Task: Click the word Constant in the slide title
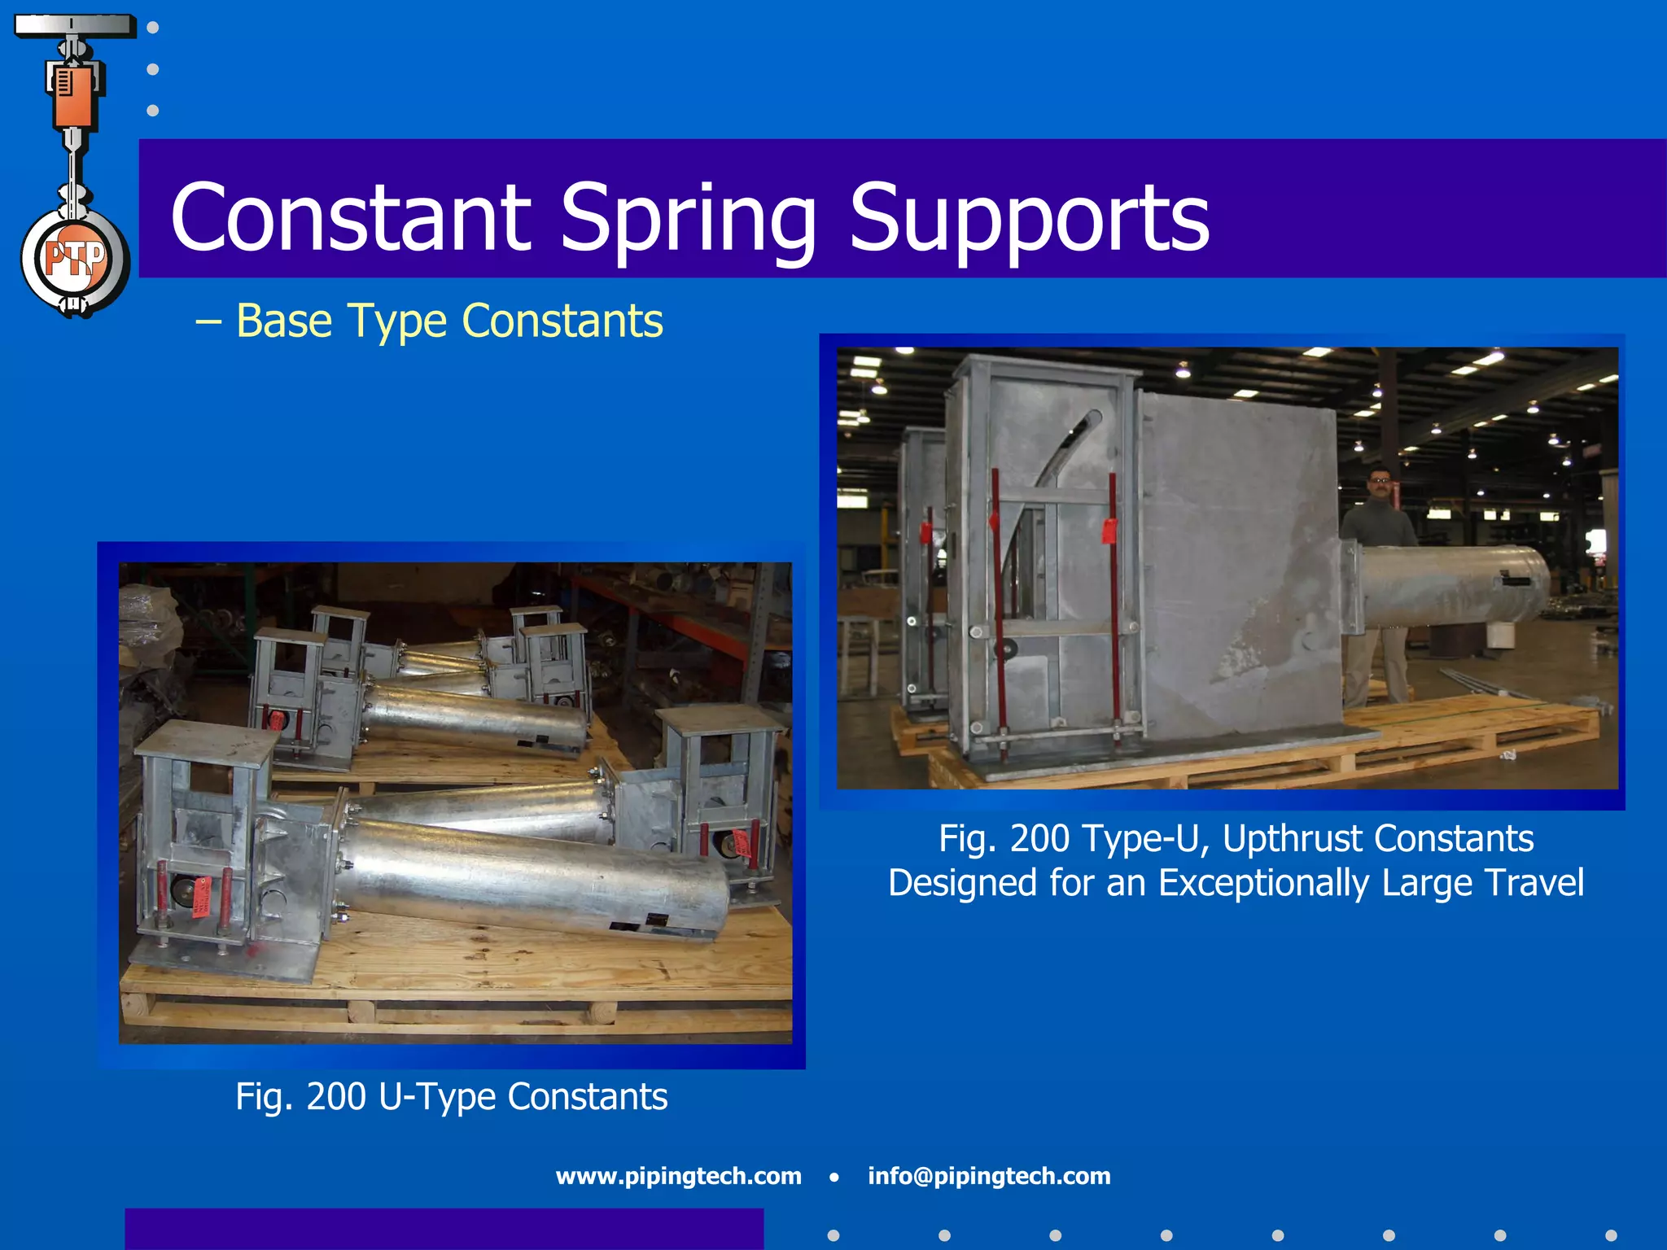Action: click(x=350, y=218)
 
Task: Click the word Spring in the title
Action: click(x=688, y=220)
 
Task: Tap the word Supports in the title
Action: click(x=1029, y=220)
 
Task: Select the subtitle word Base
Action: click(x=285, y=321)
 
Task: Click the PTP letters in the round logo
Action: click(x=75, y=259)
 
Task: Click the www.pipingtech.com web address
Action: click(x=678, y=1176)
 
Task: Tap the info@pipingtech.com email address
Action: click(x=989, y=1176)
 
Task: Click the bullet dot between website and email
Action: click(x=834, y=1177)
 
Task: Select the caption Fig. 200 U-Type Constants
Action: click(x=451, y=1097)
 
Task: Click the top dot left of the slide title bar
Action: click(x=153, y=28)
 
